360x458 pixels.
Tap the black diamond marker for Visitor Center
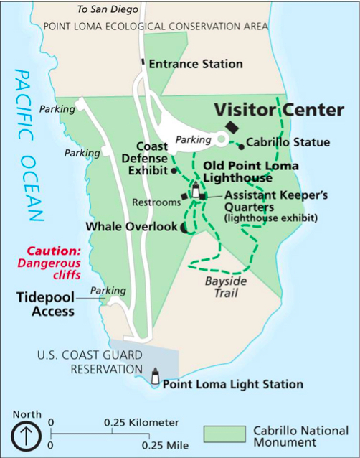pyautogui.click(x=230, y=126)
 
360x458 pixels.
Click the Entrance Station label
pyautogui.click(x=195, y=64)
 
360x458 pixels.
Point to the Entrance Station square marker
pyautogui.click(x=143, y=63)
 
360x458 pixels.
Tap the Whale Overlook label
pyautogui.click(x=131, y=226)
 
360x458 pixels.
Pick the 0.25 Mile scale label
pyautogui.click(x=164, y=445)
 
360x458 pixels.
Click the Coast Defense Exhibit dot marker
pyautogui.click(x=174, y=172)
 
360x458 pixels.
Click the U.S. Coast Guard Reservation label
pyautogui.click(x=93, y=363)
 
